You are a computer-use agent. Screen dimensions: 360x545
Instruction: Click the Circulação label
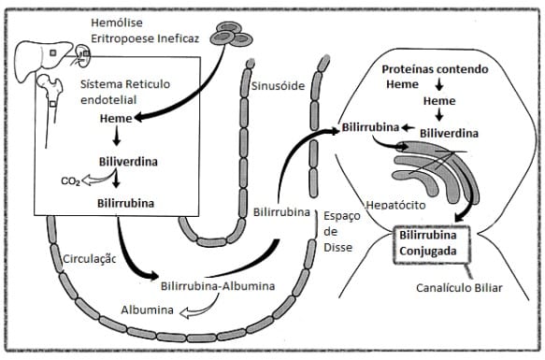(89, 259)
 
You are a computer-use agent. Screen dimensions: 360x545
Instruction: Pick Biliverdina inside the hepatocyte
(449, 133)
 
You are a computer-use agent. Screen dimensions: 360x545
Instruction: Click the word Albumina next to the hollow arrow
(145, 310)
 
